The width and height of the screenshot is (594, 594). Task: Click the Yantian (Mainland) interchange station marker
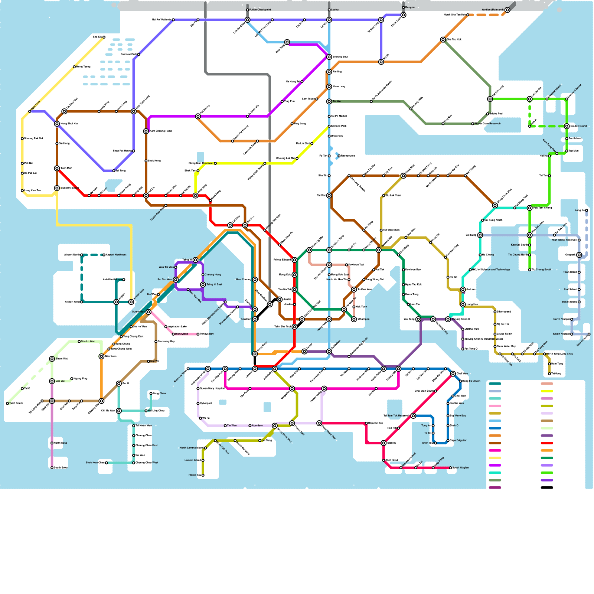(507, 10)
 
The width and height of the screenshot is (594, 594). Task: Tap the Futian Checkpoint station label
(260, 10)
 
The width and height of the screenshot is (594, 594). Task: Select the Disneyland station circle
(173, 334)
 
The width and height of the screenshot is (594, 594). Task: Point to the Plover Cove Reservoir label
(488, 124)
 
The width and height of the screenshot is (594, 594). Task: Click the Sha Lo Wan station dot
(79, 342)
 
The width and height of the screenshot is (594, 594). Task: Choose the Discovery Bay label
(166, 342)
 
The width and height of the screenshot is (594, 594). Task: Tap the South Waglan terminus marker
(450, 468)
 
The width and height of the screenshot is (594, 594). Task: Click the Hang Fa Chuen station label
(471, 381)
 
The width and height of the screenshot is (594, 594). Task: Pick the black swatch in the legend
(547, 488)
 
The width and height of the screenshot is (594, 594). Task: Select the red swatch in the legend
(547, 443)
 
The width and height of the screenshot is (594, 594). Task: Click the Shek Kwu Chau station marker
(106, 463)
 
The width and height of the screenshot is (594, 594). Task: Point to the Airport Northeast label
(116, 255)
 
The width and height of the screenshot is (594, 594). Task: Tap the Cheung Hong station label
(213, 275)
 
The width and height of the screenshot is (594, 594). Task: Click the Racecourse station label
(348, 156)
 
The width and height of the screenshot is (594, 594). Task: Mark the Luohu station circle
(329, 10)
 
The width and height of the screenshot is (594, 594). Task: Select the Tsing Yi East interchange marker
(203, 285)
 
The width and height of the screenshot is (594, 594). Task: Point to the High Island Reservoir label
(564, 240)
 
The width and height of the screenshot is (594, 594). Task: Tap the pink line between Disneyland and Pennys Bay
(186, 334)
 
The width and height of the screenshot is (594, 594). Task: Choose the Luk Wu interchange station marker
(52, 381)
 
